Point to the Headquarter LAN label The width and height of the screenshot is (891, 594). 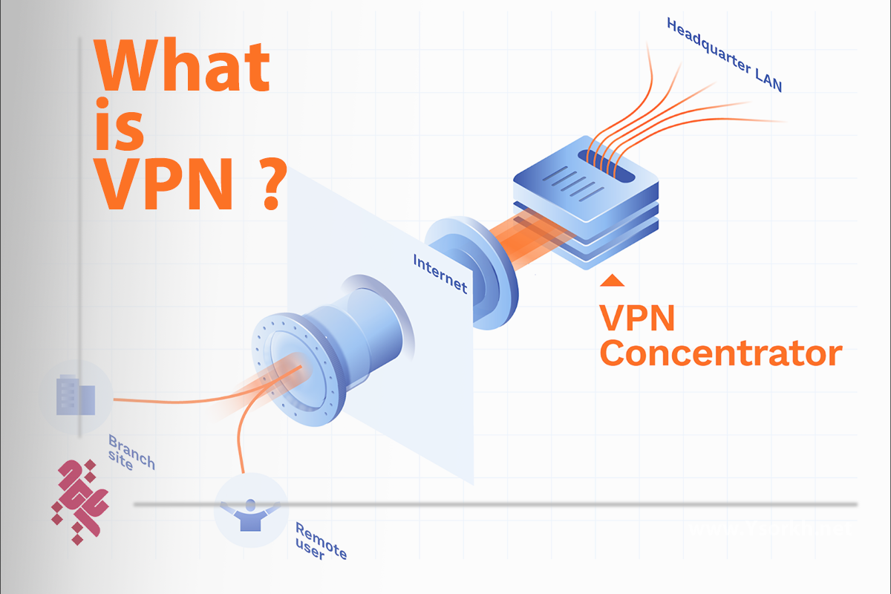point(724,56)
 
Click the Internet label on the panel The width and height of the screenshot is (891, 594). point(440,272)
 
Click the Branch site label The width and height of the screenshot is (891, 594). point(131,451)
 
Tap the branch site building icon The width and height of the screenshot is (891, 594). point(75,396)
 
